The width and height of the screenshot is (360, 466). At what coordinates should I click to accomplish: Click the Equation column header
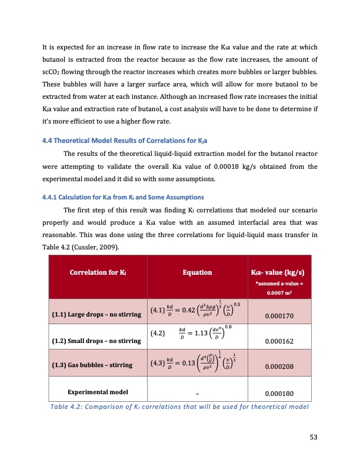coord(195,273)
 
